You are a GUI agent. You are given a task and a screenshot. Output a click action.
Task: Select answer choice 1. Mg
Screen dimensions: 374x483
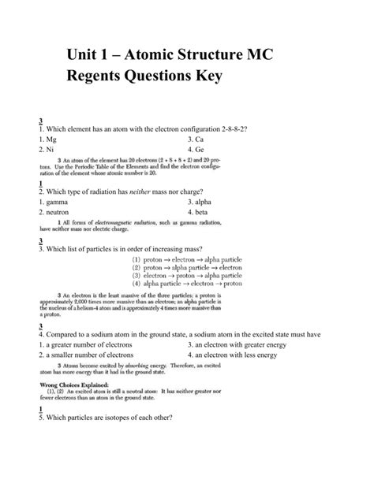click(x=49, y=139)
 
